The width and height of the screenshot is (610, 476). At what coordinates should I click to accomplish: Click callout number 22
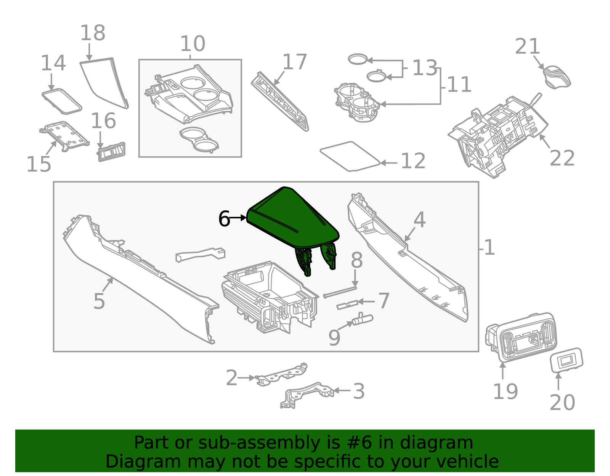(562, 158)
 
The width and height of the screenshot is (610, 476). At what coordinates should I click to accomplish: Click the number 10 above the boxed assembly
(193, 44)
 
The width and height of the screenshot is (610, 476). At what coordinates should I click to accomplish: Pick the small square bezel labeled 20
(567, 359)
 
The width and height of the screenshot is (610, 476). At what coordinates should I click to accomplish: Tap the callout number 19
(505, 391)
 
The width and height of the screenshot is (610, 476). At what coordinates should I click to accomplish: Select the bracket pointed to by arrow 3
(307, 394)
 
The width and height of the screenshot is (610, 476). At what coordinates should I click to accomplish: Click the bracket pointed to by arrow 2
(282, 375)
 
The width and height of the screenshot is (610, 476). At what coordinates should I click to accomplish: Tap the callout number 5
(99, 301)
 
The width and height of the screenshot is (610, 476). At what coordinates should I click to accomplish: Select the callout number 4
(419, 220)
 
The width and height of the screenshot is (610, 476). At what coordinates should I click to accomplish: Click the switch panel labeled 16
(111, 152)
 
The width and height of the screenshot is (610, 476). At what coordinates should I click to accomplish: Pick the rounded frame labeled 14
(62, 101)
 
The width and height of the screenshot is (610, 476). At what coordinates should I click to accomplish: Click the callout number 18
(93, 33)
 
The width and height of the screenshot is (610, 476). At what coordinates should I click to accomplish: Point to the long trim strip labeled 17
(280, 101)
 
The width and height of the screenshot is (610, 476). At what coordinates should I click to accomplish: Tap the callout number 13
(424, 68)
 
